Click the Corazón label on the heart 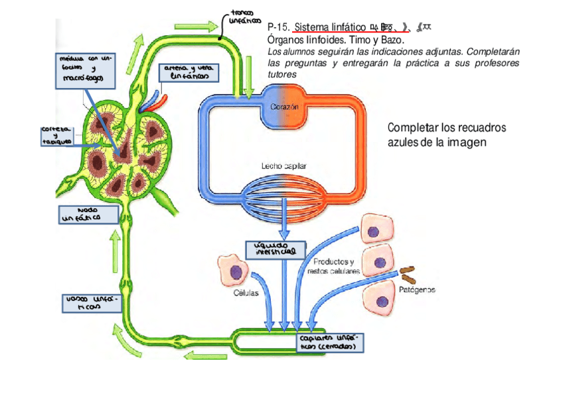coord(287,107)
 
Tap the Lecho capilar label coord(283,166)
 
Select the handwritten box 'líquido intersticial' coord(275,249)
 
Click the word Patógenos coord(417,290)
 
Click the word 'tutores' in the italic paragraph coord(282,74)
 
